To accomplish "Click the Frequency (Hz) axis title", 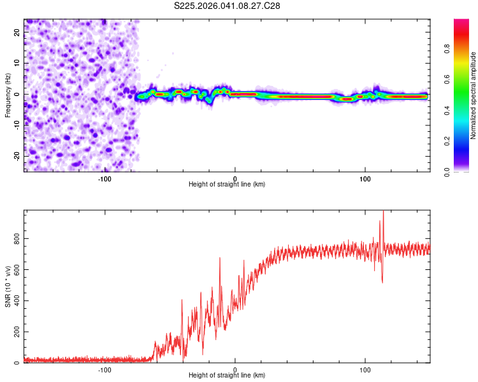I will pyautogui.click(x=8, y=95).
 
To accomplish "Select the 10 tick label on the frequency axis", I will pyautogui.click(x=17, y=64).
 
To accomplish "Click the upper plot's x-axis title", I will pyautogui.click(x=227, y=184).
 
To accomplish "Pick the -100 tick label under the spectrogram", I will pyautogui.click(x=105, y=178).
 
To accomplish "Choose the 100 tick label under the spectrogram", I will pyautogui.click(x=365, y=178).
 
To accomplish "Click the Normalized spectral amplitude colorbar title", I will pyautogui.click(x=474, y=95).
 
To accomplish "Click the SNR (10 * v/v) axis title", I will pyautogui.click(x=8, y=286).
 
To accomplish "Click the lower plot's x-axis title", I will pyautogui.click(x=227, y=376).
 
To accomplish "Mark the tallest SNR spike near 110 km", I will pyautogui.click(x=383, y=211).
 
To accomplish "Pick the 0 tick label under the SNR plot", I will pyautogui.click(x=235, y=370).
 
